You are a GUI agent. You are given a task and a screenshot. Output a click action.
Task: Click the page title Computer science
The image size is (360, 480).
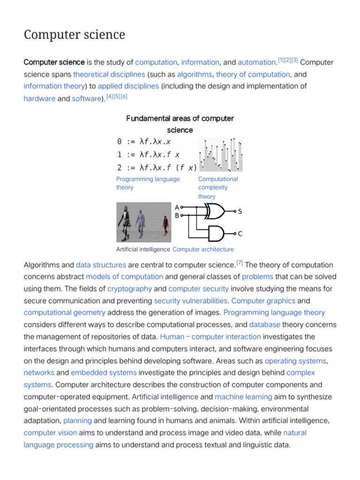[74, 35]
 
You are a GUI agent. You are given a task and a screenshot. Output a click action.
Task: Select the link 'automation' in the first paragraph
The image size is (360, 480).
[256, 62]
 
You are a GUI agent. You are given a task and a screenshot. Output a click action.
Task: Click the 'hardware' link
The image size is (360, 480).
[39, 99]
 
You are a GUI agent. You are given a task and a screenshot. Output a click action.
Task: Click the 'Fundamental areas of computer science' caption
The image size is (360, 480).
[180, 124]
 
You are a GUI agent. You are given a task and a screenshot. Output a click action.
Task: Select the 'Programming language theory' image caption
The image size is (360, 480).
[148, 183]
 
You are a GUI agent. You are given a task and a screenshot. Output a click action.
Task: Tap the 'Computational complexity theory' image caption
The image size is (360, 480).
[218, 187]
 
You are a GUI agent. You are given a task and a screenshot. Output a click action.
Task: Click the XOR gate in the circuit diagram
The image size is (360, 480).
[215, 211]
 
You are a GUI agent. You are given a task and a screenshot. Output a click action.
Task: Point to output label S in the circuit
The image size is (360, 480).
[240, 212]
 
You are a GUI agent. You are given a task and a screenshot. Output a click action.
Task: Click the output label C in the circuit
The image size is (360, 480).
[240, 233]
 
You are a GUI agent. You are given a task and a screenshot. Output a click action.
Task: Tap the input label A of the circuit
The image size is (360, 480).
[176, 207]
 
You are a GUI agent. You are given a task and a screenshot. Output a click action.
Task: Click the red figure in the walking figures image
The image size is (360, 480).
[165, 225]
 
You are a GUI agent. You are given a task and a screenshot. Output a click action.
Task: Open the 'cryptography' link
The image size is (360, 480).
[129, 289]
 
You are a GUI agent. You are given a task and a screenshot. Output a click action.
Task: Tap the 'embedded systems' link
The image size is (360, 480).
[104, 373]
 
